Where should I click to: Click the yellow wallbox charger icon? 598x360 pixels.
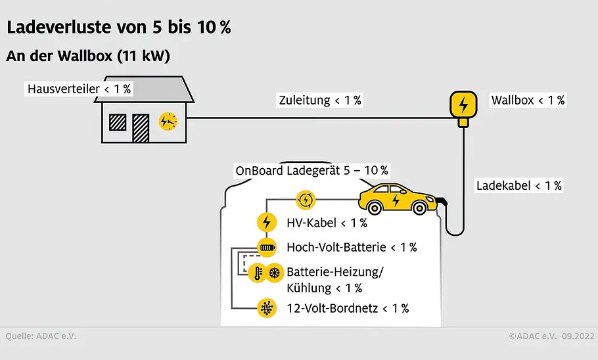pos(463,108)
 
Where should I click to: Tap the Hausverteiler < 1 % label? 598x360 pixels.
pos(80,89)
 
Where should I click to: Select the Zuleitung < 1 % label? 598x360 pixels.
pos(320,101)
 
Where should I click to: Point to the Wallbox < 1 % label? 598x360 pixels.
pos(528,101)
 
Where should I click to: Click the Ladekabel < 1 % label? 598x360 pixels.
pos(518,186)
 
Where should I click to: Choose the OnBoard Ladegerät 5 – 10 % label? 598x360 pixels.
pos(311,170)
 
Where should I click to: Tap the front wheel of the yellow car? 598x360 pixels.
pos(419,208)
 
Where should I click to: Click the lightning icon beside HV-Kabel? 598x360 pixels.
pos(267,222)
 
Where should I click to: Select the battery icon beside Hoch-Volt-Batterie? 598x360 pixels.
pos(267,248)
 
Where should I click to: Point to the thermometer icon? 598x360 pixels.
pos(258,273)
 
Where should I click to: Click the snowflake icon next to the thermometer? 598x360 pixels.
pos(275,273)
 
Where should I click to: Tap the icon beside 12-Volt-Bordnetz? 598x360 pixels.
pos(267,308)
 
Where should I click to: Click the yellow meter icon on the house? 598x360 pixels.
pos(168,122)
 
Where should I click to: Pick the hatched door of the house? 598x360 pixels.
pos(141,128)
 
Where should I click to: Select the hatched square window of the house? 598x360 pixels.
pos(118,122)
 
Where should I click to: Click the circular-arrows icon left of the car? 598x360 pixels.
pos(306,200)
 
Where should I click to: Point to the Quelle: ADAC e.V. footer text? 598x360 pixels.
pos(41,336)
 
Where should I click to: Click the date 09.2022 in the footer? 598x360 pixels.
pos(578,336)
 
